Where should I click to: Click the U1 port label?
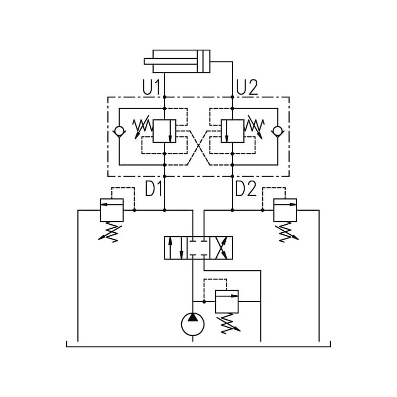pyautogui.click(x=151, y=87)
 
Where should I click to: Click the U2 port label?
pyautogui.click(x=247, y=87)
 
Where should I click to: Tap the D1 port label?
pyautogui.click(x=154, y=189)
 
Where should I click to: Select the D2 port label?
pyautogui.click(x=246, y=189)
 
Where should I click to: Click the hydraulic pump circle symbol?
pyautogui.click(x=193, y=325)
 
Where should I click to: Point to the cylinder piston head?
pyautogui.click(x=203, y=61)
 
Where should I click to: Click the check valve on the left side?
pyautogui.click(x=119, y=132)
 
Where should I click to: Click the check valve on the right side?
pyautogui.click(x=277, y=132)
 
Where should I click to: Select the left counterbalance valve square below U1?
pyautogui.click(x=165, y=131)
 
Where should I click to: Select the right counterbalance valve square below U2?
pyautogui.click(x=232, y=131)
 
